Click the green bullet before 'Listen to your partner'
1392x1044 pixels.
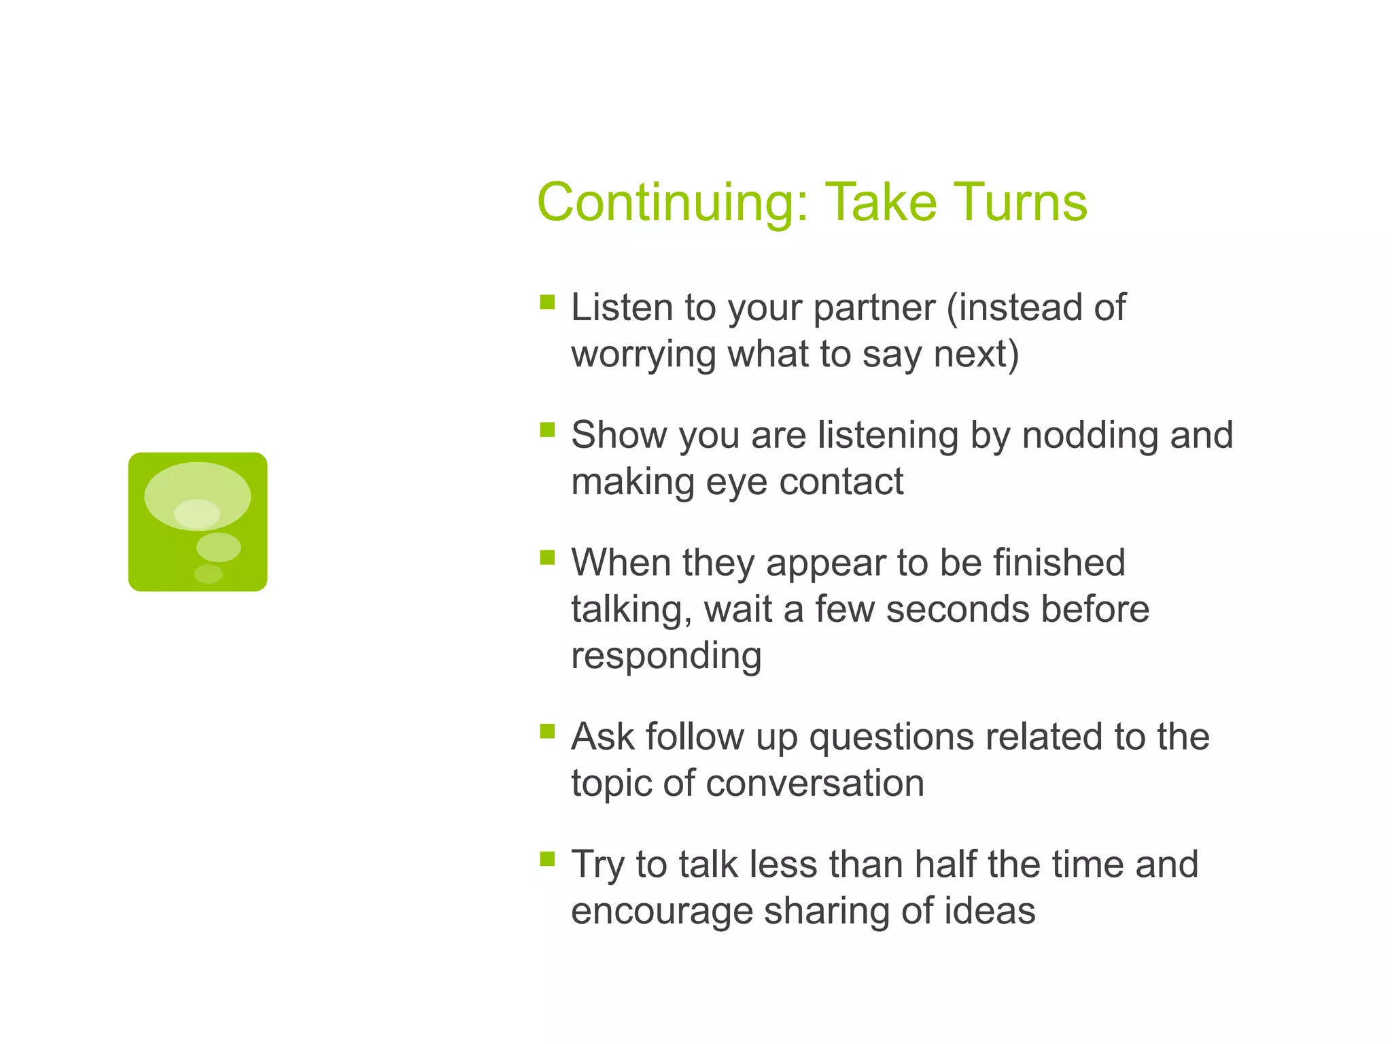(x=547, y=302)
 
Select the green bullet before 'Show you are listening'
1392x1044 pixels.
(x=547, y=430)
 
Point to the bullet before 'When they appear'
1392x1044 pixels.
(x=547, y=557)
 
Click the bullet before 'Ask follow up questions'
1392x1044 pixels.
(x=547, y=731)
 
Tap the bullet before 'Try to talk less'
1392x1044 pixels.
(x=547, y=859)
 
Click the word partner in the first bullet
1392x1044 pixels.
(x=874, y=309)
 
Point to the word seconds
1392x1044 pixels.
(x=958, y=609)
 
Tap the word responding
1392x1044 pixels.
(x=666, y=657)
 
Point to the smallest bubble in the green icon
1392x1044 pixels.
(x=208, y=574)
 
